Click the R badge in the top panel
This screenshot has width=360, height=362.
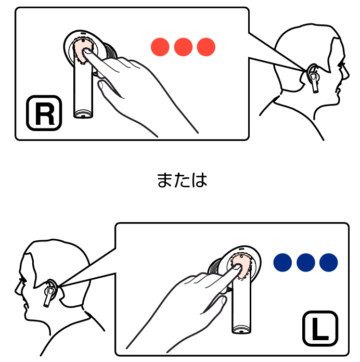tap(44, 113)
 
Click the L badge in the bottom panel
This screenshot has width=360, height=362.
tap(320, 329)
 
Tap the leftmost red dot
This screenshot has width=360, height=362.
tap(160, 47)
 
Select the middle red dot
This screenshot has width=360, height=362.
tap(183, 47)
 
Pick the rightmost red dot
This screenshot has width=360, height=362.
tap(206, 47)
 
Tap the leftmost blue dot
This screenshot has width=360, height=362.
tap(282, 262)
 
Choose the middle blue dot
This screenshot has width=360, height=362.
tap(306, 262)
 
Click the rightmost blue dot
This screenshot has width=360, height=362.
tap(329, 262)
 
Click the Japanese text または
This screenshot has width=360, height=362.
tap(182, 180)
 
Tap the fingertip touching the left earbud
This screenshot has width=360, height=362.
tap(237, 268)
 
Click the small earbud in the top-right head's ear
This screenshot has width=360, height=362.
tap(314, 78)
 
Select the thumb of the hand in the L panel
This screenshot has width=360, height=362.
tap(215, 305)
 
